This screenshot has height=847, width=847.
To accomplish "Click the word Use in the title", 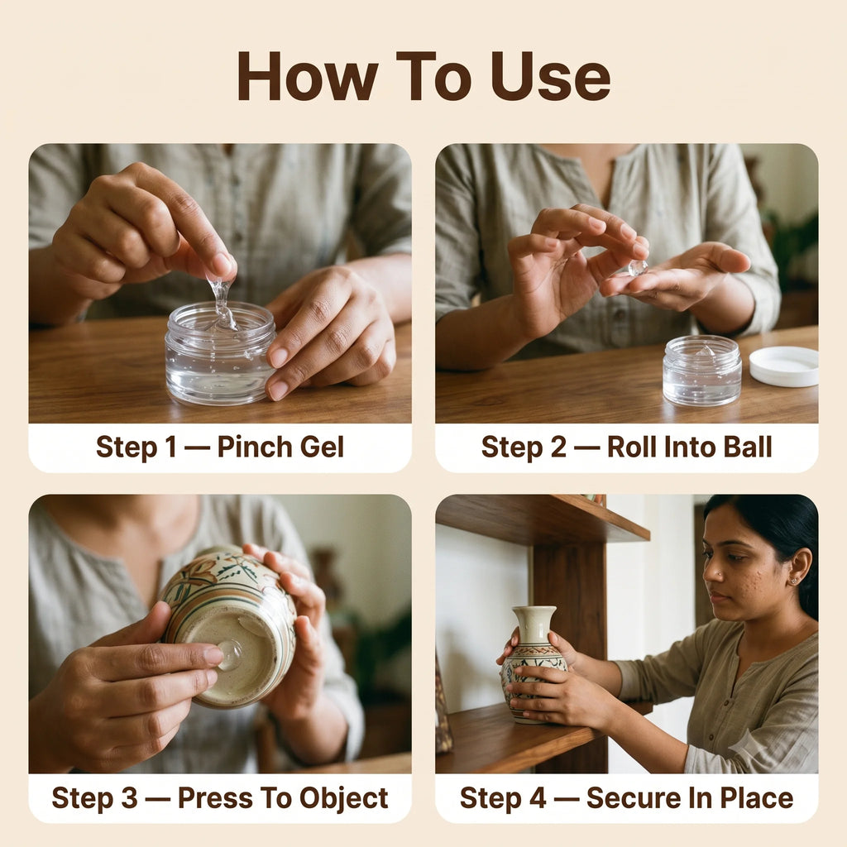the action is pyautogui.click(x=550, y=77).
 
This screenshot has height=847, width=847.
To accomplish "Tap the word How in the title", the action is pyautogui.click(x=308, y=77).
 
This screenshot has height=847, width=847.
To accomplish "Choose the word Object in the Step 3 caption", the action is pyautogui.click(x=343, y=799).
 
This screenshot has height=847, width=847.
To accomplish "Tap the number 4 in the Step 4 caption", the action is pyautogui.click(x=538, y=798).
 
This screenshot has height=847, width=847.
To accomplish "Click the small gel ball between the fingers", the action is pyautogui.click(x=638, y=268).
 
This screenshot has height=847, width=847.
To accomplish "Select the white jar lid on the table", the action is pyautogui.click(x=783, y=366).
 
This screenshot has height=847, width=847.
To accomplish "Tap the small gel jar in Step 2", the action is pyautogui.click(x=701, y=371).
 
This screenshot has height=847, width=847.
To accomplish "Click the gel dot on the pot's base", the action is pyautogui.click(x=231, y=655).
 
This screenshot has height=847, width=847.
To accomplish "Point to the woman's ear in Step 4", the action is pyautogui.click(x=798, y=567).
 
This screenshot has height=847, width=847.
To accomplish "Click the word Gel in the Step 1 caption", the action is pyautogui.click(x=322, y=447).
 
